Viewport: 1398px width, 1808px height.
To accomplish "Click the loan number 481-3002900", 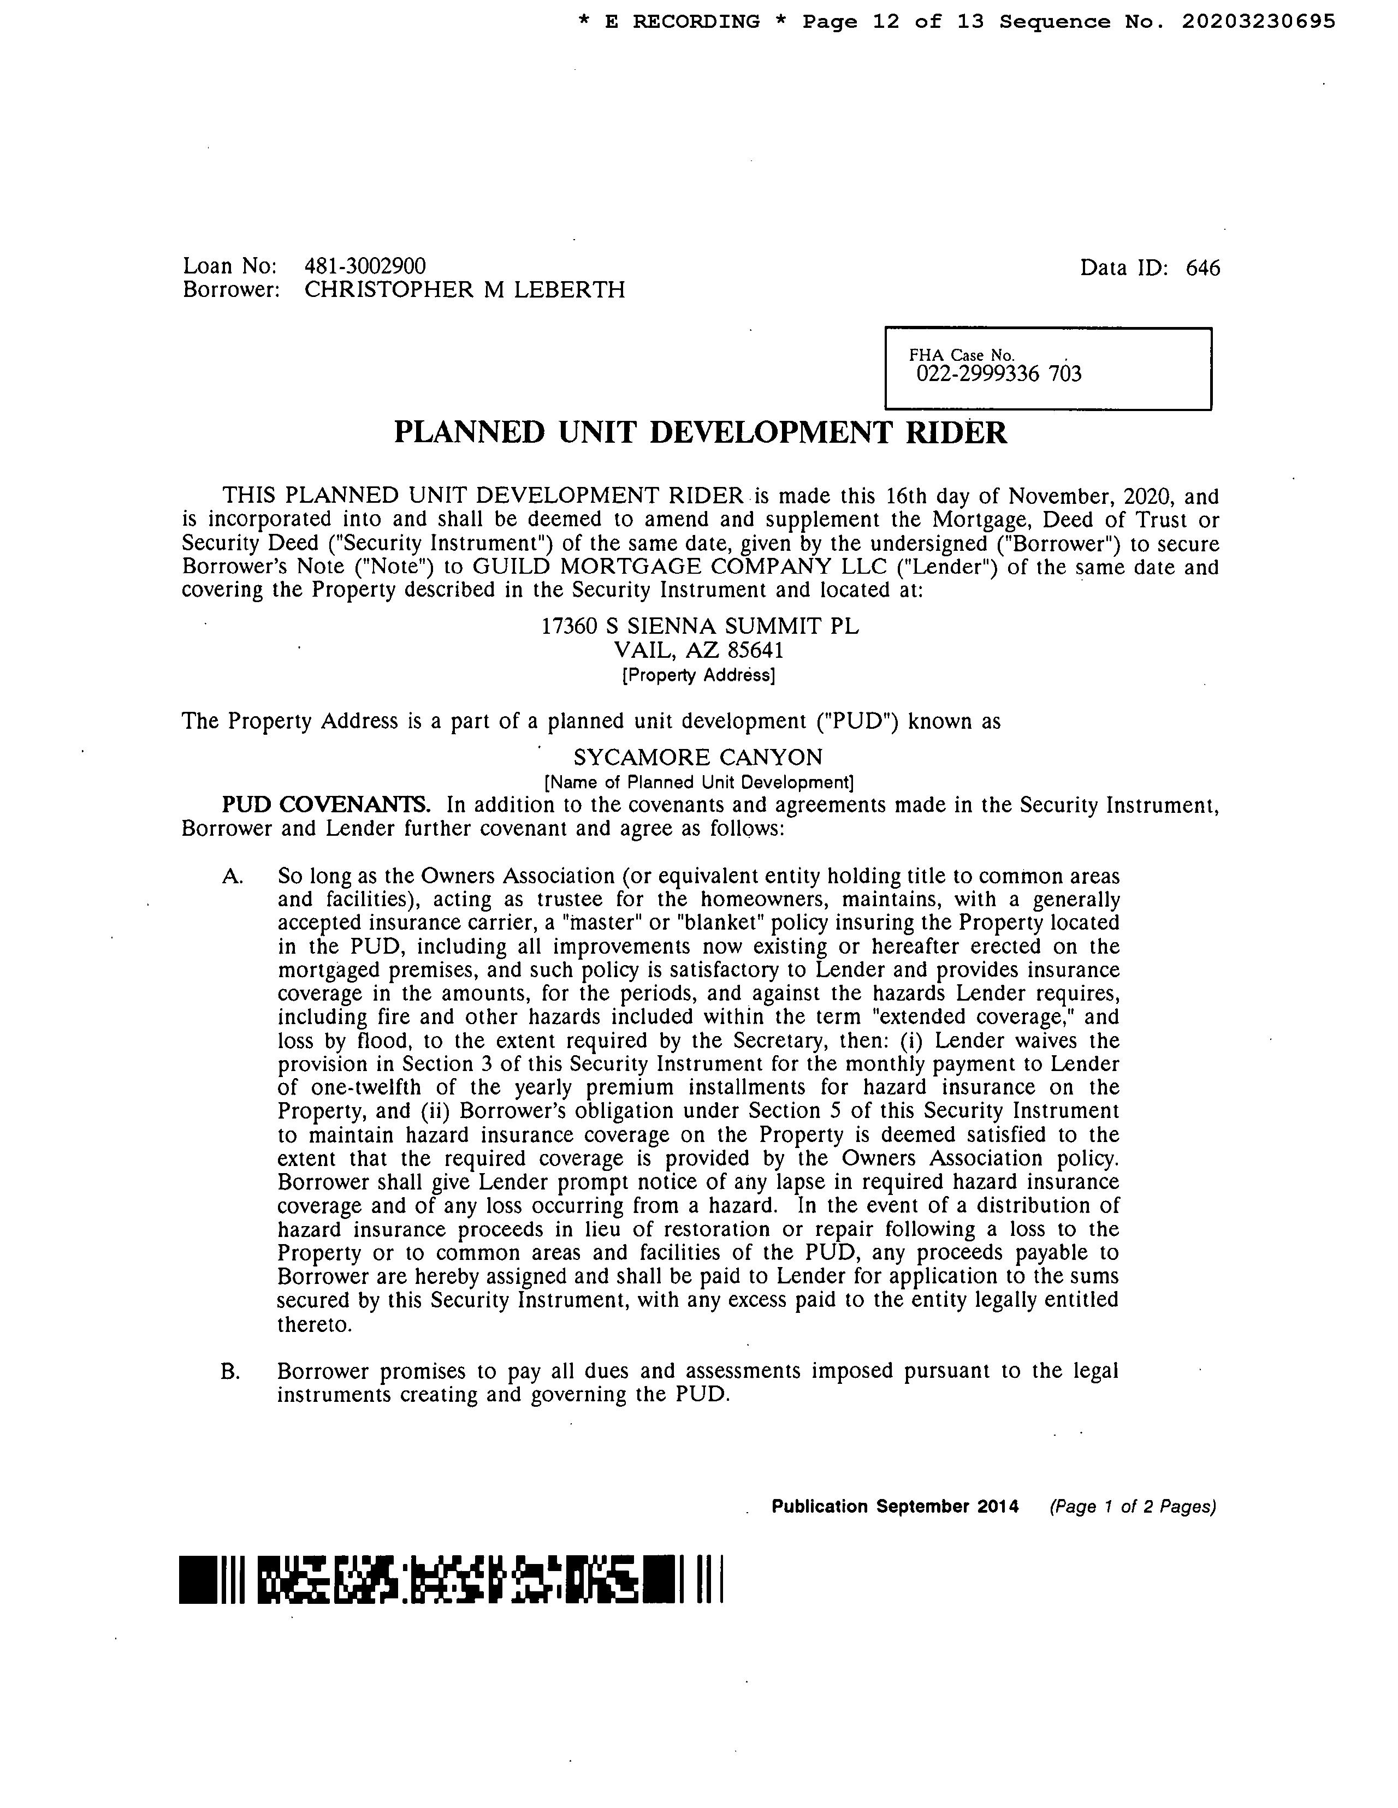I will coord(365,266).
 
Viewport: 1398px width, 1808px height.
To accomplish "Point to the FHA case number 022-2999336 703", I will coord(998,374).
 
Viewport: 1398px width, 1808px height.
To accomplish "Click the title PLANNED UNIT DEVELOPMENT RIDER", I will coord(700,433).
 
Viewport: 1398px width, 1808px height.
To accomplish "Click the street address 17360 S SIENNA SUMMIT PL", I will coord(700,626).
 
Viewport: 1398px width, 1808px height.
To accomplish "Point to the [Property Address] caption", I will coord(698,675).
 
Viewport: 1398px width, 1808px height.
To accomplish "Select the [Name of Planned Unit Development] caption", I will coord(698,782).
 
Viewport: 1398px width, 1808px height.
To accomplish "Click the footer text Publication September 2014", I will coord(895,1507).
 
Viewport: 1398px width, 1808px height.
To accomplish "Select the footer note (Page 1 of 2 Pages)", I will coord(1132,1507).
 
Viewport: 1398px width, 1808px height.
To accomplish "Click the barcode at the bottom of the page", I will coord(452,1579).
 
